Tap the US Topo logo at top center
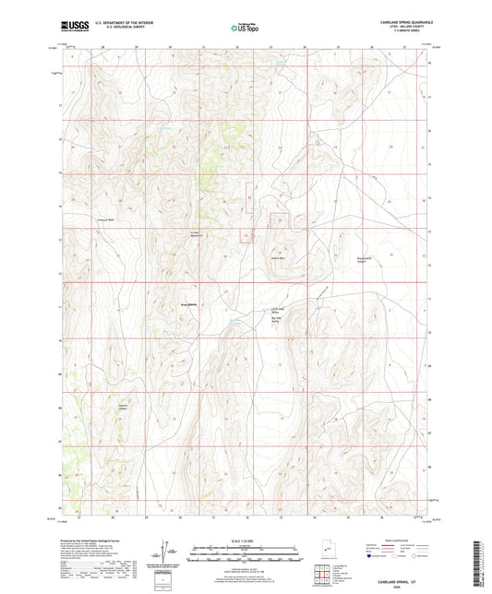click(x=245, y=29)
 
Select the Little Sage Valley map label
click(x=275, y=311)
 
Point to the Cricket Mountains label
click(x=196, y=233)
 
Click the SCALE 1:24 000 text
click(x=245, y=541)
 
